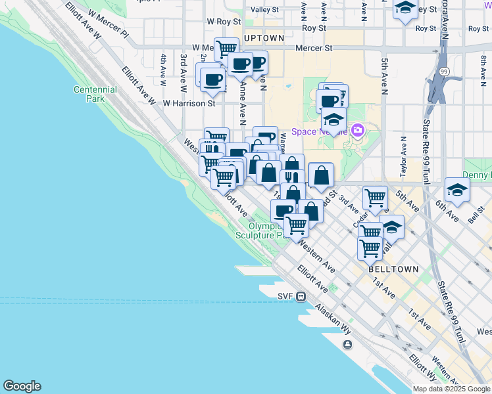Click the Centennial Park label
pos(95,94)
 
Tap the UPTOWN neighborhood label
pos(264,38)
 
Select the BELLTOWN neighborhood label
pos(393,269)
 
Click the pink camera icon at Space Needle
pos(358,130)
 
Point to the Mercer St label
pos(312,48)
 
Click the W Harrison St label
pos(189,103)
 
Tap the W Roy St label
pos(220,21)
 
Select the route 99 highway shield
pos(445,71)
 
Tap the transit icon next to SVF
pos(301,296)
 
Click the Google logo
pos(22,386)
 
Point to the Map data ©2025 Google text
pos(451,389)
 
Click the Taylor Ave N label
pos(403,158)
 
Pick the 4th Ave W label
pos(162,66)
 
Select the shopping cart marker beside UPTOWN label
pos(226,48)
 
